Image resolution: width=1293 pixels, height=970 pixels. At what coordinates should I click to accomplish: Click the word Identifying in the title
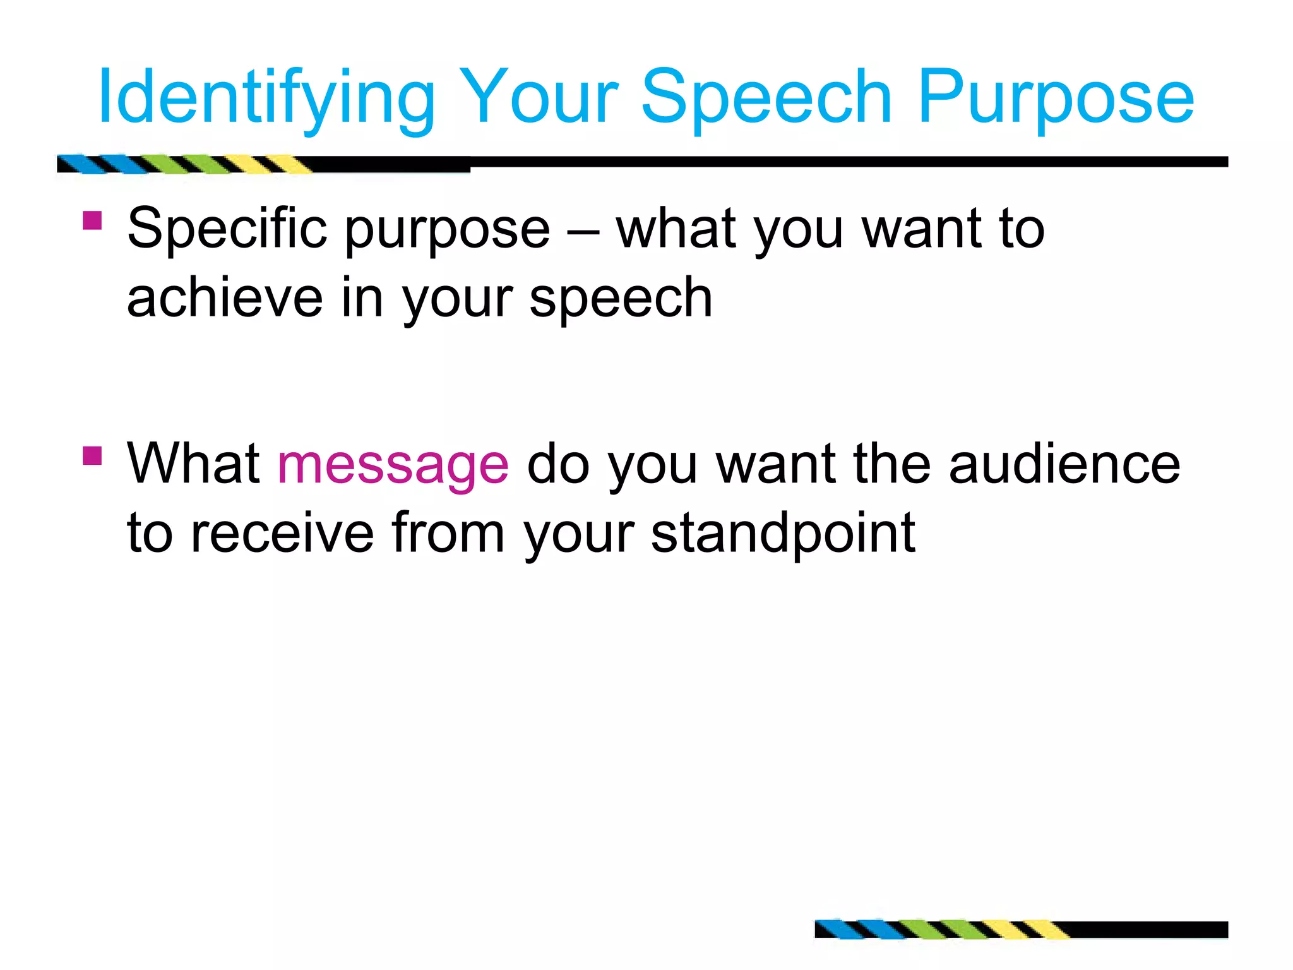point(266,98)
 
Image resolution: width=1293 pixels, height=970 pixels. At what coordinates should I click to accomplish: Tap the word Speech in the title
point(766,98)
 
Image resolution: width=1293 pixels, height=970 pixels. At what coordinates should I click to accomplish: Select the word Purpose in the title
point(1056,98)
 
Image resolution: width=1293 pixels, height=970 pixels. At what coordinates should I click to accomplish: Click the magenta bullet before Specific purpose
point(92,221)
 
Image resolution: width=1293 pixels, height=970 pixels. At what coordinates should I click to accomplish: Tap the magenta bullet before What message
point(92,455)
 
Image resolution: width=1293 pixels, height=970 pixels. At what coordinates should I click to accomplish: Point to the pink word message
point(393,465)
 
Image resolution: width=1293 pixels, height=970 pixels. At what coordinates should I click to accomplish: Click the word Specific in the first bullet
point(227,229)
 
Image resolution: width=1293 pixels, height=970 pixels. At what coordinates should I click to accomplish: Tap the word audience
point(1064,465)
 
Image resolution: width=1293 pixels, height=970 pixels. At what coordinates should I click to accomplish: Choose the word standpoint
point(783,534)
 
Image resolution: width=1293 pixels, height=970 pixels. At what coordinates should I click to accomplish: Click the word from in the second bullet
point(448,534)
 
